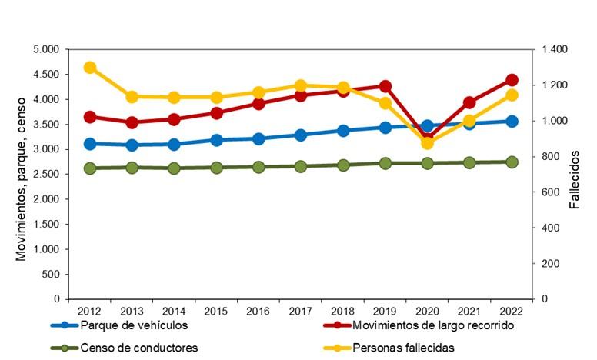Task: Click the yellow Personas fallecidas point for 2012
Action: click(90, 68)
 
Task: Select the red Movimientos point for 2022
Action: click(512, 80)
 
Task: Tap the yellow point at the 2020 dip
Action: click(428, 143)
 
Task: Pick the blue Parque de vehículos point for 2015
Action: click(216, 140)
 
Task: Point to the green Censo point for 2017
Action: click(301, 166)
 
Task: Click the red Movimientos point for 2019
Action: click(385, 86)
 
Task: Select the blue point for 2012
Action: click(90, 144)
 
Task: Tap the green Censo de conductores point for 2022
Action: click(512, 162)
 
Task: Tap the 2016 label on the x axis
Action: click(258, 311)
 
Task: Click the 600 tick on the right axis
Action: click(549, 192)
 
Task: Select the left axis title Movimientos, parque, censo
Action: click(22, 174)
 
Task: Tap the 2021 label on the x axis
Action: click(469, 311)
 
